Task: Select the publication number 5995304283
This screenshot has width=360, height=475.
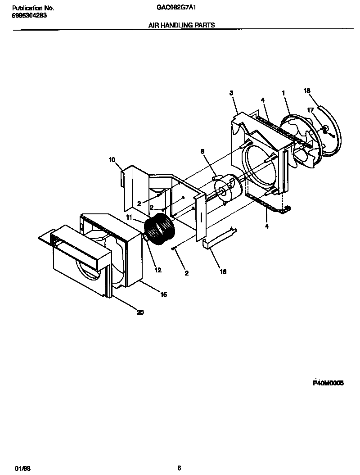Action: point(28,15)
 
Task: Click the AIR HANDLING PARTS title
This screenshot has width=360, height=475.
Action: point(181,26)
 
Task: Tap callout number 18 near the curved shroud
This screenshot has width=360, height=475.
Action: point(307,90)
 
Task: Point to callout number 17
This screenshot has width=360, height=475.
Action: point(310,110)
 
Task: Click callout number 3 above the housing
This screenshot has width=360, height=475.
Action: point(231,93)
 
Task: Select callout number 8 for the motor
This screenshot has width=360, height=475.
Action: point(202,152)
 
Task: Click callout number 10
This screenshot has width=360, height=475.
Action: point(112,159)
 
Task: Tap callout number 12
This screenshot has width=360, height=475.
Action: point(157,270)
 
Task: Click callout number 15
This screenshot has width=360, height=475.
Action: point(163,294)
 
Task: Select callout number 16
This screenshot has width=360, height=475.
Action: point(223,271)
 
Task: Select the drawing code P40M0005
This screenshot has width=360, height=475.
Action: point(328,383)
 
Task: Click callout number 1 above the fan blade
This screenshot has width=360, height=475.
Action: point(283,93)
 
